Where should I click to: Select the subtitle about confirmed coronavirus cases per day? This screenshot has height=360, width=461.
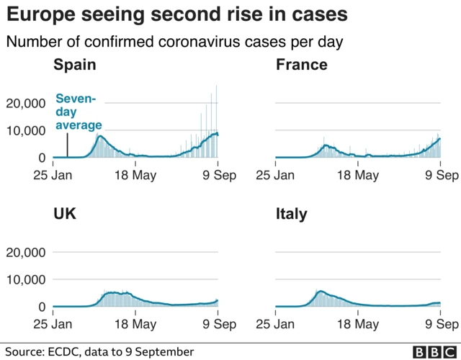pos(174,41)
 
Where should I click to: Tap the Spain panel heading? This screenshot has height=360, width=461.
pos(74,66)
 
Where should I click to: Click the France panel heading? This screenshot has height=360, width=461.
pos(301,66)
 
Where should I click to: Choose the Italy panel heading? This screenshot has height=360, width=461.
pos(291,215)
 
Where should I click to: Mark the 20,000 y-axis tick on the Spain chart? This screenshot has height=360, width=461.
pos(26,104)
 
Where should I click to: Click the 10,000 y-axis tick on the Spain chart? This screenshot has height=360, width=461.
pos(26,130)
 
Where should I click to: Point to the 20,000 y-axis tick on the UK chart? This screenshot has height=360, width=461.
pos(26,253)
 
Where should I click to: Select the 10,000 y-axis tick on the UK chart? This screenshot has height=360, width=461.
pos(26,279)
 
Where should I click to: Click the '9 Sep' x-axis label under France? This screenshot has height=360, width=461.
pos(439,174)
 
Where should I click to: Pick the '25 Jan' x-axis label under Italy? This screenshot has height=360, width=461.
pos(275,324)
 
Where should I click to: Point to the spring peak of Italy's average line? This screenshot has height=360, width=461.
pos(320,292)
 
